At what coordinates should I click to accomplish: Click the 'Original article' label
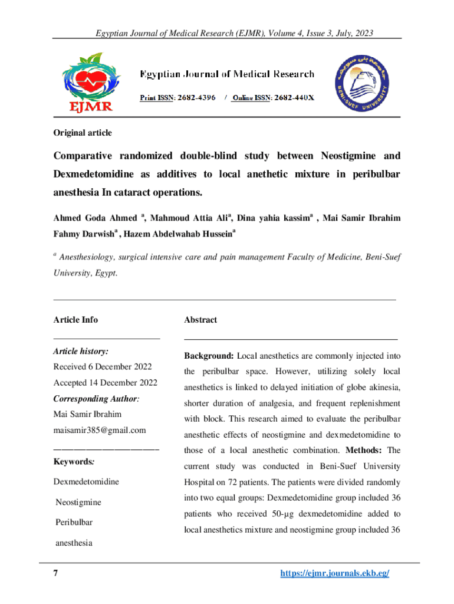click(83, 133)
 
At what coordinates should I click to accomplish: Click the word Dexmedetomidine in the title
click(93, 175)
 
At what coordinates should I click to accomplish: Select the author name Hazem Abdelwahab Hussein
click(180, 233)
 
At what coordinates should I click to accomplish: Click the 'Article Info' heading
click(75, 320)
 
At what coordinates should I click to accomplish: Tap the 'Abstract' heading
click(200, 320)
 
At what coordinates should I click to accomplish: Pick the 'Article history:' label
click(81, 352)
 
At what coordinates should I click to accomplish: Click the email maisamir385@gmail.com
click(99, 431)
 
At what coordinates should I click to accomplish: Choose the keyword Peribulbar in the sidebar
click(74, 523)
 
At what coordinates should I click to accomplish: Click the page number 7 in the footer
click(55, 574)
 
